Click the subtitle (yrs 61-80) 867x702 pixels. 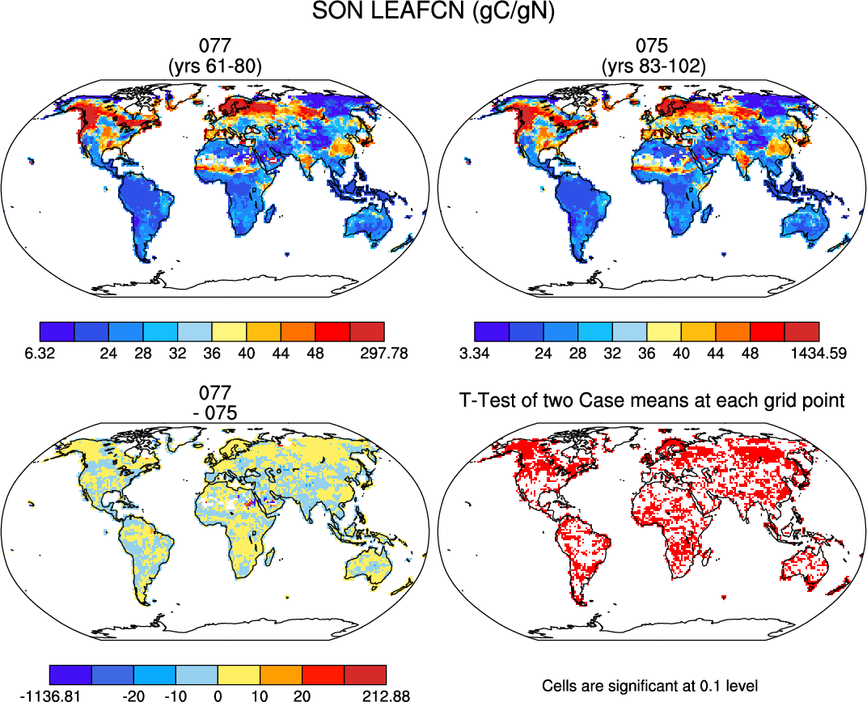pos(214,67)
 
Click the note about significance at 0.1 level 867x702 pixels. pos(650,686)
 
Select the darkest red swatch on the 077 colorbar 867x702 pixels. pos(367,332)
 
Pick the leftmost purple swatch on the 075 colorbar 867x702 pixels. pos(492,332)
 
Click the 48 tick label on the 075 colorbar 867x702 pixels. pos(751,354)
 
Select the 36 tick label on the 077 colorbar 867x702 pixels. pos(212,354)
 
